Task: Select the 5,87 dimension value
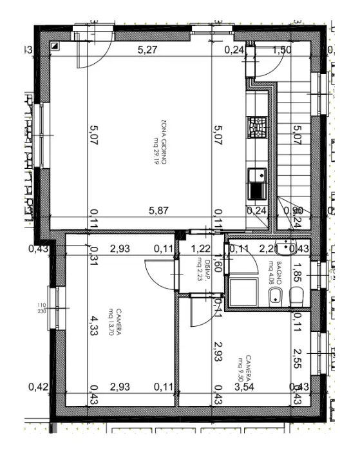[x=158, y=210]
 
